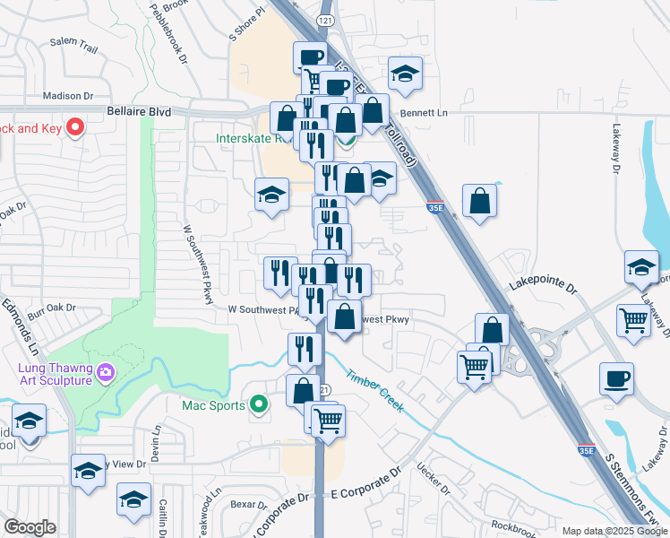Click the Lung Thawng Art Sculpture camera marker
[106, 371]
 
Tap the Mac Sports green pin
[259, 405]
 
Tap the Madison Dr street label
[68, 95]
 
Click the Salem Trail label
[73, 41]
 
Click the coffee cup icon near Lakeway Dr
[616, 378]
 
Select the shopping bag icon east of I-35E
[480, 202]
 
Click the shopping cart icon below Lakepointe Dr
[633, 318]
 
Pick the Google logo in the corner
[30, 527]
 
